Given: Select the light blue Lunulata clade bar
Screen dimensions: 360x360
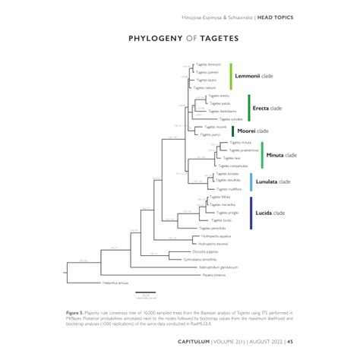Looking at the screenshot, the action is pyautogui.click(x=251, y=182).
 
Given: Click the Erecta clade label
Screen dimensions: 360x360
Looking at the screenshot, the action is pyautogui.click(x=267, y=109).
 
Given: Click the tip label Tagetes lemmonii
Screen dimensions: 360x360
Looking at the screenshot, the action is pyautogui.click(x=207, y=65).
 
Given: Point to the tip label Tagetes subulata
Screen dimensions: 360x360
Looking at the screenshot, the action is pyautogui.click(x=230, y=119).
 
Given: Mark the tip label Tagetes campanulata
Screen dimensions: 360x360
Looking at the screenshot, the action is pyautogui.click(x=233, y=166).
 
